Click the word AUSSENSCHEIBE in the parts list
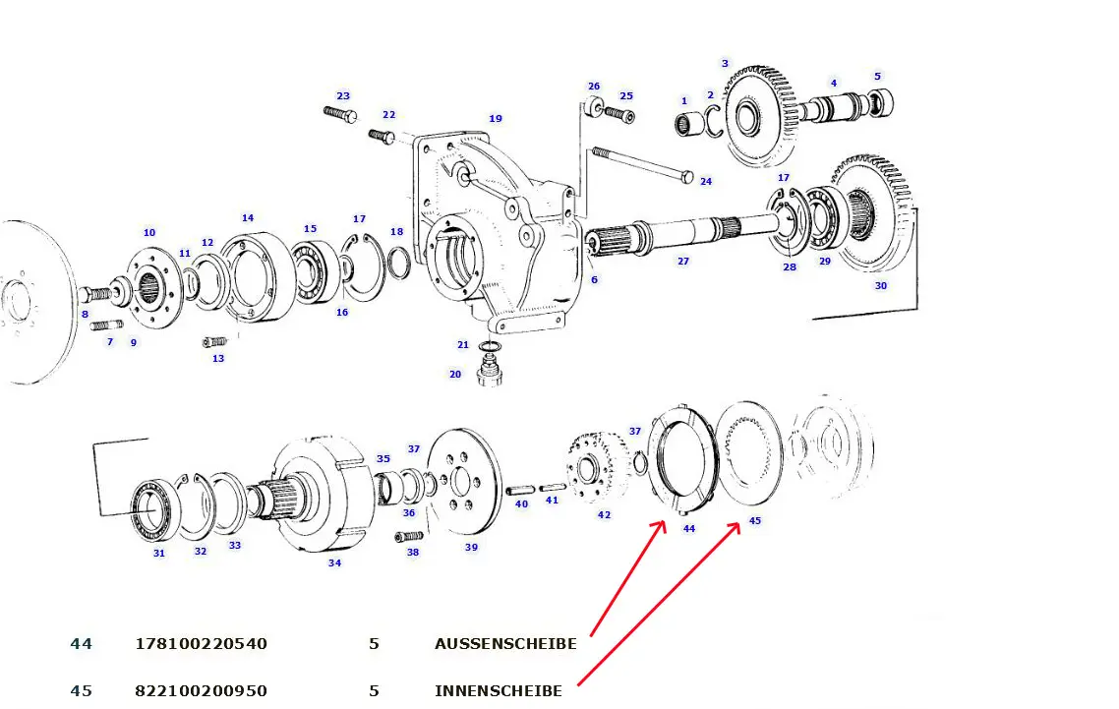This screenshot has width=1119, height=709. click(x=505, y=644)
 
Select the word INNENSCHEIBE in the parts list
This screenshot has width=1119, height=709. click(x=499, y=691)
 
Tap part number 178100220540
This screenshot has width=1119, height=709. click(x=201, y=644)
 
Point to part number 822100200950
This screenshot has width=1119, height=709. click(x=201, y=691)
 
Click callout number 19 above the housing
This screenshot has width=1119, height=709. click(x=496, y=119)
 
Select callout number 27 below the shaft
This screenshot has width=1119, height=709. click(x=682, y=262)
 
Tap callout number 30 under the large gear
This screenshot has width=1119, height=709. click(x=880, y=286)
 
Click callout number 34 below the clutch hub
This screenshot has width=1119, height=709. click(x=334, y=563)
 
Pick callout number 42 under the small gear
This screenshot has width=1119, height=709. click(x=604, y=514)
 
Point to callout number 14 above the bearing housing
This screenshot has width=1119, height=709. click(x=248, y=217)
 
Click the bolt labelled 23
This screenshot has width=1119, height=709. click(x=339, y=116)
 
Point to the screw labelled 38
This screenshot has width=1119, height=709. click(x=409, y=536)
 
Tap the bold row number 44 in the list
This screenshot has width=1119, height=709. click(x=81, y=644)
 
